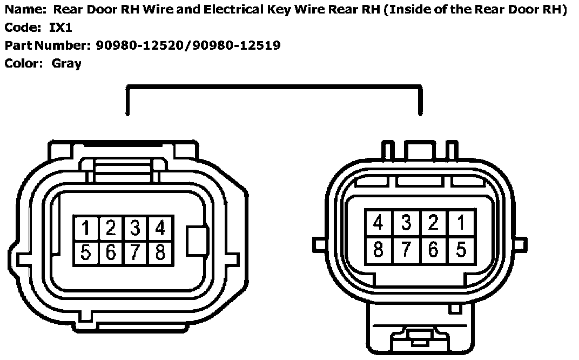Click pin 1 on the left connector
pyautogui.click(x=85, y=228)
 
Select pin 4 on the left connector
pyautogui.click(x=160, y=228)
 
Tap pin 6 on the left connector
pyautogui.click(x=110, y=252)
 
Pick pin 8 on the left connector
pyautogui.click(x=160, y=252)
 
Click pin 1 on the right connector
pyautogui.click(x=461, y=222)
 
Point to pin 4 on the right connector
pyautogui.click(x=378, y=222)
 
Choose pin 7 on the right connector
pyautogui.click(x=406, y=250)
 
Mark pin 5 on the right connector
pyautogui.click(x=461, y=250)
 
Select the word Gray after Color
pyautogui.click(x=66, y=63)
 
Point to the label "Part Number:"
pyautogui.click(x=48, y=45)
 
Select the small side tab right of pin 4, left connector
pyautogui.click(x=197, y=239)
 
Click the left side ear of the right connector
pyautogui.click(x=320, y=244)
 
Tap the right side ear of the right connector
pyautogui.click(x=520, y=244)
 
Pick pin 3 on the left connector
pyautogui.click(x=135, y=228)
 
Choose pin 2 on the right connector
pyautogui.click(x=433, y=222)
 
